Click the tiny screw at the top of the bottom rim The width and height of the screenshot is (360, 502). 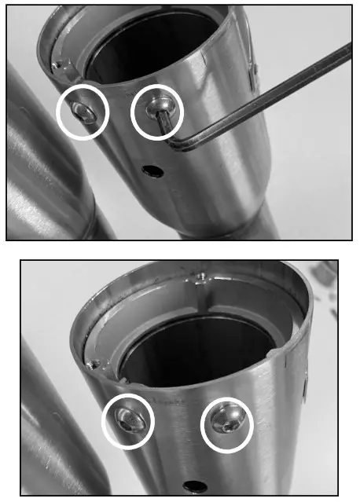[x=202, y=276]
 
